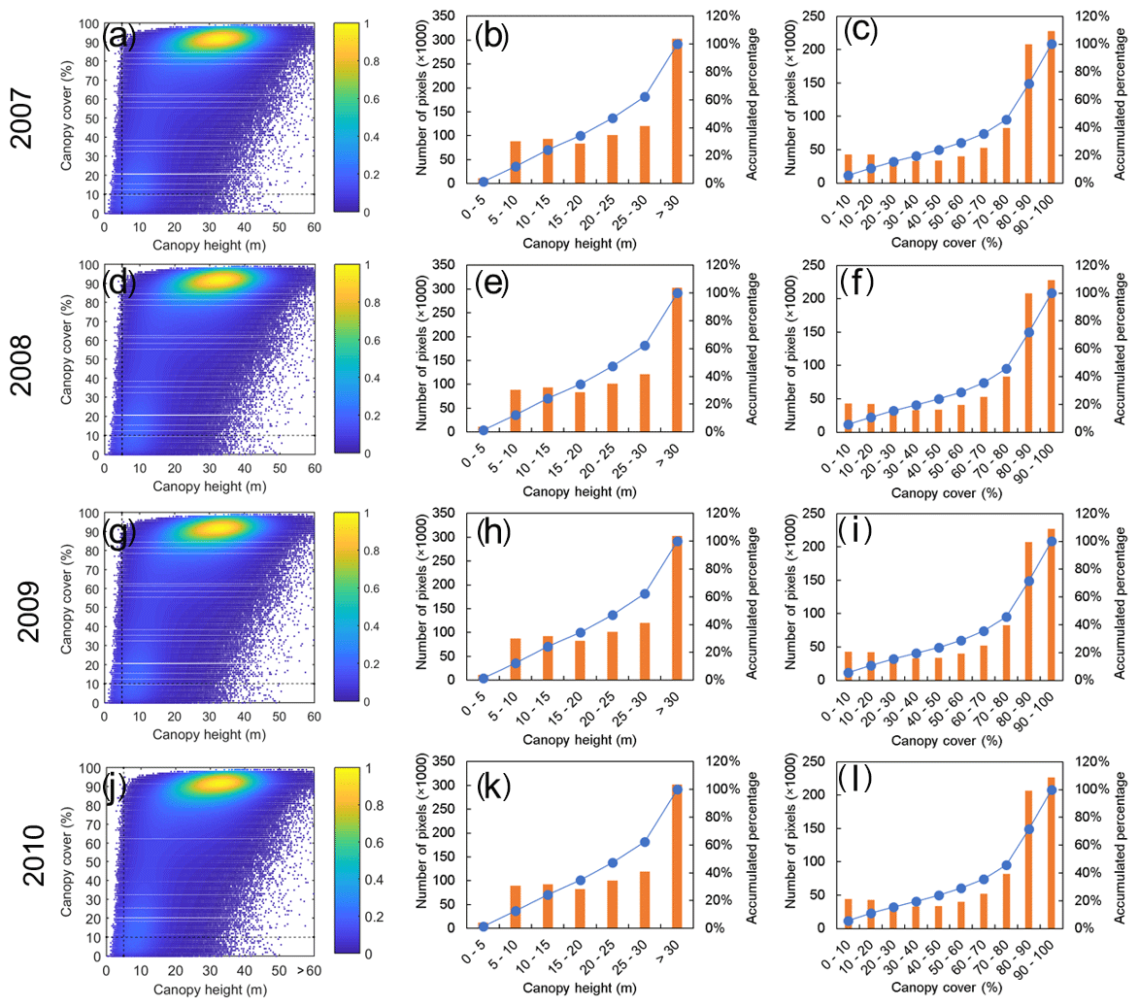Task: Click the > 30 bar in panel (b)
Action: [677, 111]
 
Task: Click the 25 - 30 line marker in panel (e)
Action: [645, 346]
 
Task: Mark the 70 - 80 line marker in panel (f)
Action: [1006, 369]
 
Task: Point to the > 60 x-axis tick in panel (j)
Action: [308, 971]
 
